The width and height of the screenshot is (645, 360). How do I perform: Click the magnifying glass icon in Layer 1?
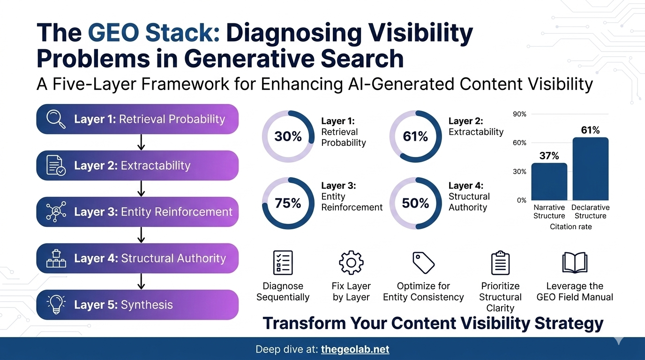(x=56, y=119)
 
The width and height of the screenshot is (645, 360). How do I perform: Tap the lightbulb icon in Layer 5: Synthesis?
(x=56, y=304)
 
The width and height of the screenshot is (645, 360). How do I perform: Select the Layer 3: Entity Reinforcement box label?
(x=153, y=212)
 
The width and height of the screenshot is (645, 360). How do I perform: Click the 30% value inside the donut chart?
(x=288, y=136)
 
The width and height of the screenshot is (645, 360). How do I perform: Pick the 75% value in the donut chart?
(x=288, y=203)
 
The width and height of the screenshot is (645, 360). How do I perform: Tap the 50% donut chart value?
(x=415, y=203)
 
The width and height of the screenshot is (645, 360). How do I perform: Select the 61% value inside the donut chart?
(x=415, y=136)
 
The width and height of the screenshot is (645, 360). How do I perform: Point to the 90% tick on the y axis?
(x=520, y=114)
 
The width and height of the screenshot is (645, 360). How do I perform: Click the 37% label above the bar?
(x=549, y=156)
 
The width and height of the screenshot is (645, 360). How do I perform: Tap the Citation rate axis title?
(x=570, y=227)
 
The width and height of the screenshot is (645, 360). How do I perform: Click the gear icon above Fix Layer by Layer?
(x=351, y=262)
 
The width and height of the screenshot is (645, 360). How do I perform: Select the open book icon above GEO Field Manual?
(x=575, y=262)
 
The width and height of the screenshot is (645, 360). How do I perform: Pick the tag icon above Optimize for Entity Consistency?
(x=423, y=262)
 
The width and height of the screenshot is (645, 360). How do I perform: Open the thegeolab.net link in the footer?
(x=355, y=349)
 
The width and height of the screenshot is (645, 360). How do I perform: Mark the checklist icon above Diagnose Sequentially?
(x=283, y=262)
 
